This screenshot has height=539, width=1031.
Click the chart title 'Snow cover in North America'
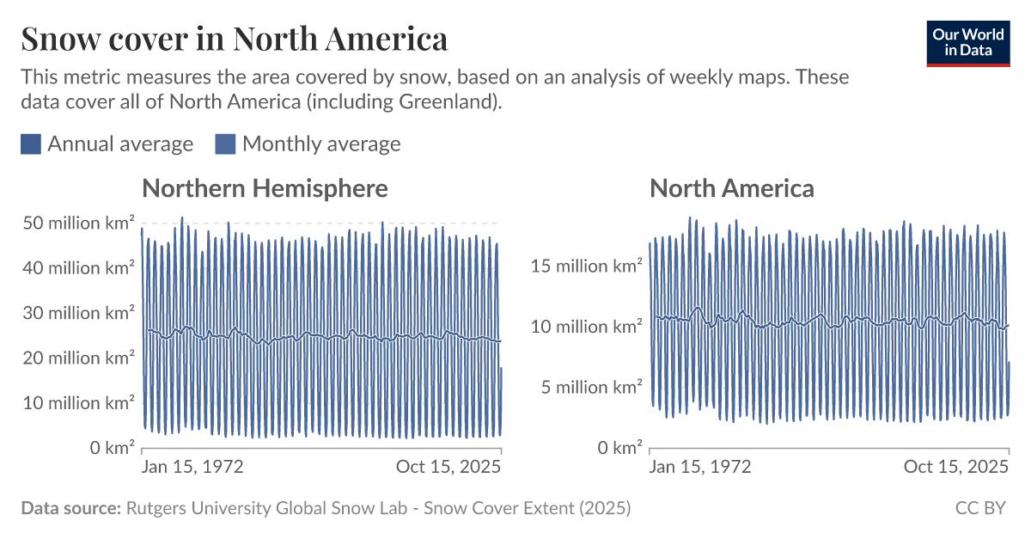[234, 40]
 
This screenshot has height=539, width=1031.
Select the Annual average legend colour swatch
[31, 144]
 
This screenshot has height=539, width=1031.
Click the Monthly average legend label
[321, 144]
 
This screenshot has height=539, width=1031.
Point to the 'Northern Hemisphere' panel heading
[265, 188]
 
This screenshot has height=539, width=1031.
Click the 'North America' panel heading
[731, 188]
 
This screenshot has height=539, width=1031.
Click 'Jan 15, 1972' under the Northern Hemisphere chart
[192, 467]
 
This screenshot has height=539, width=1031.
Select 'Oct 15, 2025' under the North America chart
[956, 467]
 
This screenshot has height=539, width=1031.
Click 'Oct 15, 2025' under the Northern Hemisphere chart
[448, 467]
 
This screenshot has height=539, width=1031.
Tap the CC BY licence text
[979, 508]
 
